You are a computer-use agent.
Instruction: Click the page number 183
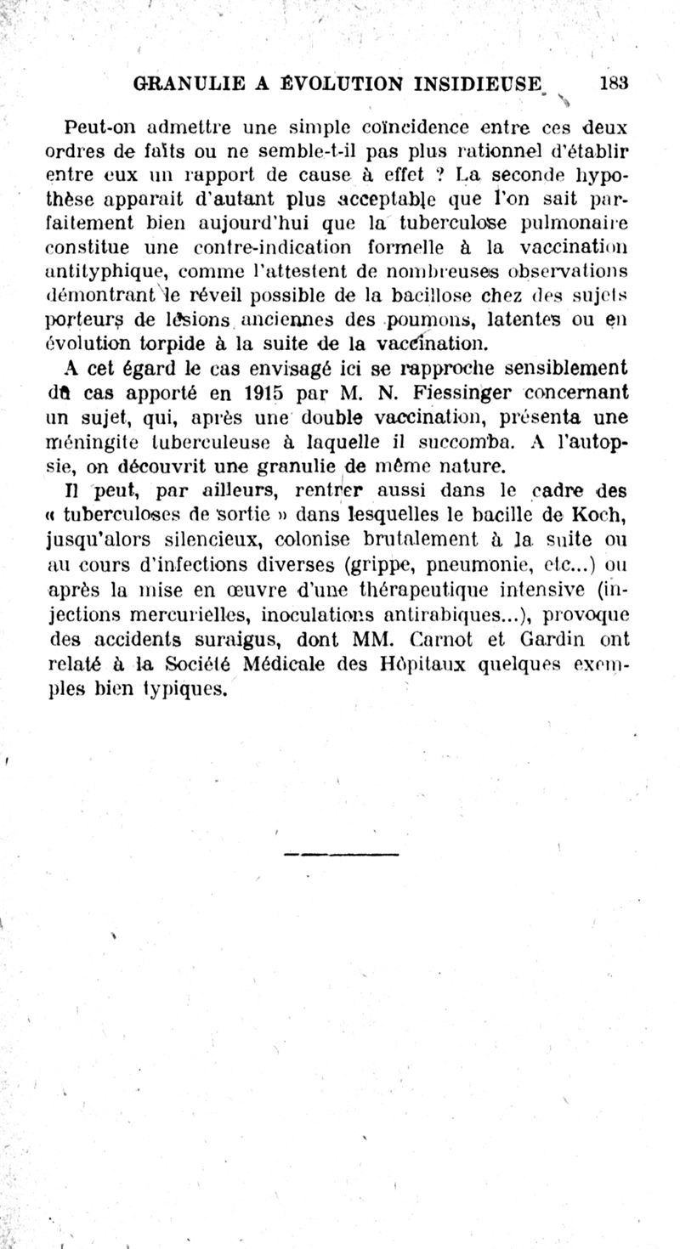click(x=613, y=83)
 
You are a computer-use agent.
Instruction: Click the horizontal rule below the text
click(x=341, y=852)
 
